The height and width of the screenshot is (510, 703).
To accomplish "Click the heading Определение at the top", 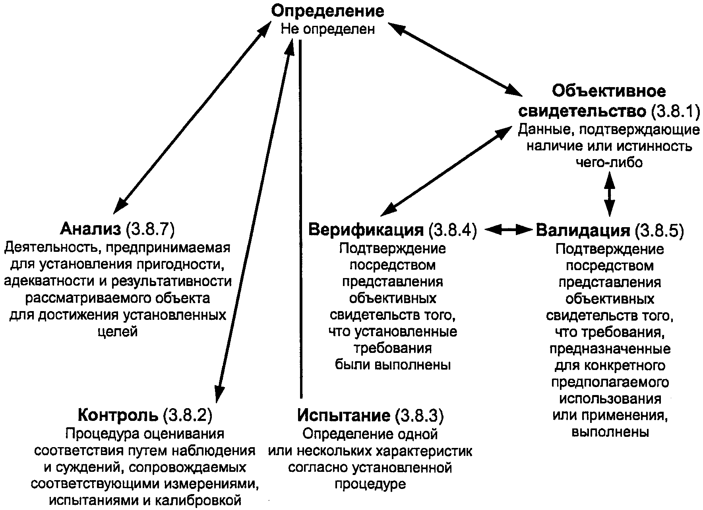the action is pos(327,11).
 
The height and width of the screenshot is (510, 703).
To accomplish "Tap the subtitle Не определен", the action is pos(328,29).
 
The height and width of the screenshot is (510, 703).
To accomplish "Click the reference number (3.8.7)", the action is pos(150,230).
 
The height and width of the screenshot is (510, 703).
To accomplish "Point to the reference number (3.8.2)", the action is pos(187,415).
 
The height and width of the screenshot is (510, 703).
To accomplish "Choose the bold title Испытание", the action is pos(343,415).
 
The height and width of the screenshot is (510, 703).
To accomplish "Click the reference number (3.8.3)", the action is pos(419,415).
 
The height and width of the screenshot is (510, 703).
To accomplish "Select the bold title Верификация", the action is pos(366,230).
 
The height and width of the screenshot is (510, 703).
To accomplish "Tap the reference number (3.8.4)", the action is pos(452,230).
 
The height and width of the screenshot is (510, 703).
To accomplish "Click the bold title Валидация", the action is pos(583,230).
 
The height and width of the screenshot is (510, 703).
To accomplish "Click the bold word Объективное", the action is pos(609,91).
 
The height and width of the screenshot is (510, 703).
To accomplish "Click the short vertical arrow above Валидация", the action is pos(609,195).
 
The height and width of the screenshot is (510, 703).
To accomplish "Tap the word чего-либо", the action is pos(609,163).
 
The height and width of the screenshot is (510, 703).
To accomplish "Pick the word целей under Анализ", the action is pos(117,331).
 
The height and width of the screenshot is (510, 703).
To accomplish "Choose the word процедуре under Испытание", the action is pos(370,484).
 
